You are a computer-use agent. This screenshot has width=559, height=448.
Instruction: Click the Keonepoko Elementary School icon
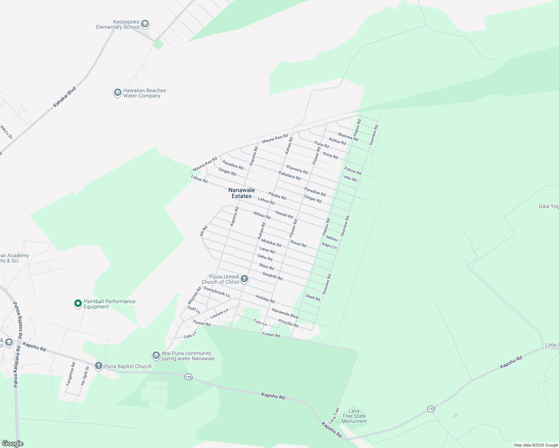tap(145, 24)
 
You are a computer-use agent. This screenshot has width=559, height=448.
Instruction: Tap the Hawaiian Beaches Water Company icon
tap(118, 93)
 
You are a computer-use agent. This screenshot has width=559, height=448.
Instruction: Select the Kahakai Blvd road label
tap(64, 97)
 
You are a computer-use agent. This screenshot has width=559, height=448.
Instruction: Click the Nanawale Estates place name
tap(241, 193)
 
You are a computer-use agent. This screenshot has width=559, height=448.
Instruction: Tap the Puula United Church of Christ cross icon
tap(244, 279)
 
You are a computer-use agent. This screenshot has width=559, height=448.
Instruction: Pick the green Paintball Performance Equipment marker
tap(78, 304)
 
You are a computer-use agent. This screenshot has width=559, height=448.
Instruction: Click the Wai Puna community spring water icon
tap(156, 355)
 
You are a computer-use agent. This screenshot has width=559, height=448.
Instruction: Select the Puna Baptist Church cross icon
tap(99, 366)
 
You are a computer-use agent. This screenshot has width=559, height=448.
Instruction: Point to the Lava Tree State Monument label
tap(354, 416)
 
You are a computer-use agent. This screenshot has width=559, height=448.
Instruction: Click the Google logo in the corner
tap(13, 443)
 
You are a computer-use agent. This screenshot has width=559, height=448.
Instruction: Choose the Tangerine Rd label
tap(70, 374)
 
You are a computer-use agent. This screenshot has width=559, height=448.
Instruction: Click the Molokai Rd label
tap(271, 243)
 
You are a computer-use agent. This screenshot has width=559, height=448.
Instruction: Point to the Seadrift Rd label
tap(272, 276)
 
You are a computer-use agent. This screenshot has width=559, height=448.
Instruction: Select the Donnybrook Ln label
tap(217, 292)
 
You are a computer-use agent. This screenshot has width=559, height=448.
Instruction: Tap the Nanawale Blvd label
tap(285, 314)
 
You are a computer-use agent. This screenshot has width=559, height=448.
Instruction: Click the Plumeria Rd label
tap(297, 169)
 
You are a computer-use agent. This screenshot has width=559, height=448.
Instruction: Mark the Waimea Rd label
tap(348, 137)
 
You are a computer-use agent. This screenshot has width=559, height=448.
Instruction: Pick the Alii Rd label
tap(203, 231)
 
